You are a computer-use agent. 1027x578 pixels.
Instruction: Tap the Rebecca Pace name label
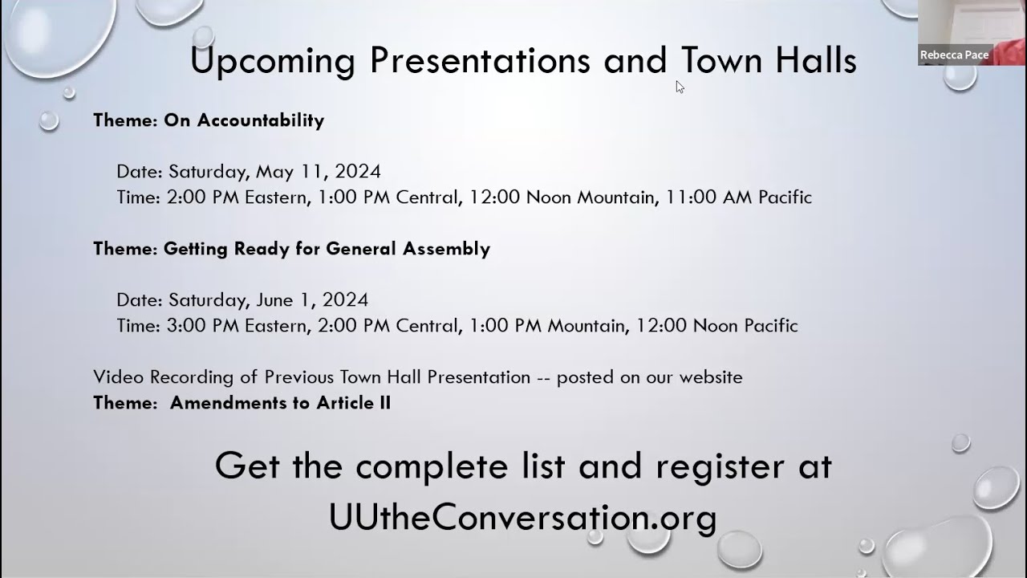coord(954,55)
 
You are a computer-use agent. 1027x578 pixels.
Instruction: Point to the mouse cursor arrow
coord(679,86)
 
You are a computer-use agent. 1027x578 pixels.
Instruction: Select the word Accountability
coord(260,120)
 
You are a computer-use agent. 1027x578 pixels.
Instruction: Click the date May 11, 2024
coord(318,172)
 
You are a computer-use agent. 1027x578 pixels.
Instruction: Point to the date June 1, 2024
coord(312,300)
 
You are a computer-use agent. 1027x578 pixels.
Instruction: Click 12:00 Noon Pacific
coord(716,326)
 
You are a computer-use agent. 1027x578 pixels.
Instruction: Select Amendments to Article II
coord(280,403)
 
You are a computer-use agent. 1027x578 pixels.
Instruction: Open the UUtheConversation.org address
coord(522,518)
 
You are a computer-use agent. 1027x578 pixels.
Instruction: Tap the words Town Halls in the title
coord(769,62)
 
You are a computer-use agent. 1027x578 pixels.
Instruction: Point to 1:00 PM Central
coord(389,197)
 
